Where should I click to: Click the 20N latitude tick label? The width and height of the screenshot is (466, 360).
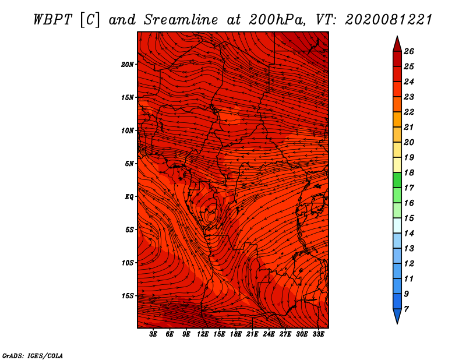coord(127,65)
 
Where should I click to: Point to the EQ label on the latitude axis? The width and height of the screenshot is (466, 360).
coord(129,197)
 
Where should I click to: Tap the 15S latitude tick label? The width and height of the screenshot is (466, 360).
coord(128,296)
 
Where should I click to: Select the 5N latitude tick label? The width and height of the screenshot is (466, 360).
coord(129,164)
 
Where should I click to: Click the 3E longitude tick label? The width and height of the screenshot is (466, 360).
coord(153,334)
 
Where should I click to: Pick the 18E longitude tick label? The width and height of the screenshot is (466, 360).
coord(235,334)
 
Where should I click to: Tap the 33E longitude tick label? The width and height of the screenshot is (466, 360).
coord(318,334)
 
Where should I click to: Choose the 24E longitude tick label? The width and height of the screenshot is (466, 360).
coord(269,334)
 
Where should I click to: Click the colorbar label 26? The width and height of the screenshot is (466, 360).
coord(409,51)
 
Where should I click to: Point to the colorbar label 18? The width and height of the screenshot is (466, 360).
coord(409,172)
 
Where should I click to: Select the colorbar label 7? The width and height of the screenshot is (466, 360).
coord(406,309)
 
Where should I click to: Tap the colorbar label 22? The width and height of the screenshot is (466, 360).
coord(409,112)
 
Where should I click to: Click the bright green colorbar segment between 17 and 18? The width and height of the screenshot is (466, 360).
coord(397,180)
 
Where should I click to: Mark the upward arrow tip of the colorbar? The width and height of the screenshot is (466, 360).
coord(397,36)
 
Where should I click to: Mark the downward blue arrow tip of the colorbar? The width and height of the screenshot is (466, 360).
coord(397,324)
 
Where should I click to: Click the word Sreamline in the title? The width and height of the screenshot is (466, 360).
coord(181,20)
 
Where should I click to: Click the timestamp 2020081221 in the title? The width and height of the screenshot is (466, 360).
coord(389,20)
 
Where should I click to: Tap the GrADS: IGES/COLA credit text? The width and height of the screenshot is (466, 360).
coord(33,356)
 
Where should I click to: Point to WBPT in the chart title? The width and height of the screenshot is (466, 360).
coord(52,20)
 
